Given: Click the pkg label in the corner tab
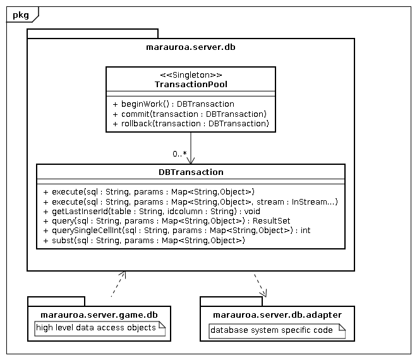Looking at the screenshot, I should click(20, 15).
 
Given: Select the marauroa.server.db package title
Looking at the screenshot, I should click(190, 47).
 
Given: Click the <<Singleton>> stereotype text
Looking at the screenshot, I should click(190, 75).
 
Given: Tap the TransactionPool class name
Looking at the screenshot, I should click(190, 84).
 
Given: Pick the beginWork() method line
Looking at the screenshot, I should click(173, 104).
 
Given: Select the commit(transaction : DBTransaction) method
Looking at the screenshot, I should click(190, 114).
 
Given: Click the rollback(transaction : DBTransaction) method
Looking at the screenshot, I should click(191, 124).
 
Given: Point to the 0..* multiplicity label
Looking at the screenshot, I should click(179, 154).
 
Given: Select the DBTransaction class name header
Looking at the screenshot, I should click(190, 172).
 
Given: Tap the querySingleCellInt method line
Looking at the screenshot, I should click(176, 231).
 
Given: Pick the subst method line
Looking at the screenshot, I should click(143, 241).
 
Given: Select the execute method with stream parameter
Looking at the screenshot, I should click(190, 201).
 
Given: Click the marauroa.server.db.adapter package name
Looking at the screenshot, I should click(277, 315).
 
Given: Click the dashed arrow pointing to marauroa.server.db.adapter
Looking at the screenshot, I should click(260, 285).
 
